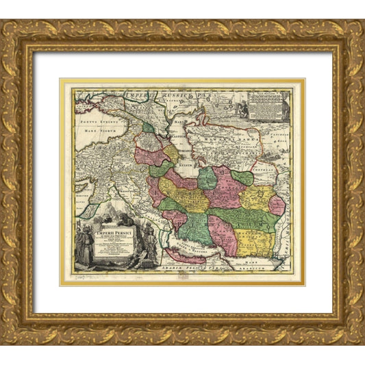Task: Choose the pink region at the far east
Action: pyautogui.click(x=277, y=205)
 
